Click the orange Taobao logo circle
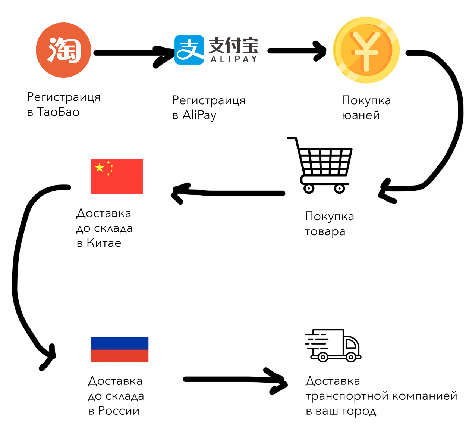pos(63,50)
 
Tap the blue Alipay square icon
pos(189,50)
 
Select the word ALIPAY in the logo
pos(234,59)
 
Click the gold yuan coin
pos(366,50)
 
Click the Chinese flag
pos(117,176)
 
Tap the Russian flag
pos(119,349)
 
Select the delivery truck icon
pos(333,346)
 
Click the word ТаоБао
pos(58,112)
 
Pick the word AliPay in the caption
pos(199,115)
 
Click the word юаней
pos(361,115)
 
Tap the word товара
pos(325,231)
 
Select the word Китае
pos(104,243)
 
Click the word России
pos(119,411)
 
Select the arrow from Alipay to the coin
pos(296,51)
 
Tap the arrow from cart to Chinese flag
pos(227,193)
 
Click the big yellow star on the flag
pos(99,168)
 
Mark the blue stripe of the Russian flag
pos(119,343)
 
